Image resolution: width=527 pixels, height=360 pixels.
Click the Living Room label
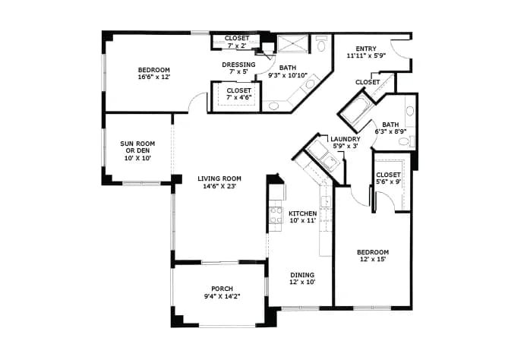(x=219, y=178)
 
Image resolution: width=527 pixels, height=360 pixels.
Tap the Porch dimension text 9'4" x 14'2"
(x=222, y=296)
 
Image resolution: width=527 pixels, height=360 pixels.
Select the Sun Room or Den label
(x=137, y=147)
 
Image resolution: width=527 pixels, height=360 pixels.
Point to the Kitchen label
(x=302, y=213)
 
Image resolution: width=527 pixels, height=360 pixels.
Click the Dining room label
(x=302, y=275)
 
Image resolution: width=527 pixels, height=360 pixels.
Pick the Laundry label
(x=346, y=139)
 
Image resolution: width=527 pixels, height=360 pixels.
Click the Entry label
(x=366, y=49)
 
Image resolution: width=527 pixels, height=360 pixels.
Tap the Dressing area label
(x=238, y=65)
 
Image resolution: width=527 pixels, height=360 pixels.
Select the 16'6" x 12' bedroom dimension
(x=154, y=77)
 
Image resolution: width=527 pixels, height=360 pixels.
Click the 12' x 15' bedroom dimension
(x=373, y=259)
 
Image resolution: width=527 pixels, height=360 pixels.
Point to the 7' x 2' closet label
(x=237, y=41)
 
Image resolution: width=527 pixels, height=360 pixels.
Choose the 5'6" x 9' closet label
(x=388, y=178)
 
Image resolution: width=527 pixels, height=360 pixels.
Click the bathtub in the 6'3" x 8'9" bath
(x=357, y=110)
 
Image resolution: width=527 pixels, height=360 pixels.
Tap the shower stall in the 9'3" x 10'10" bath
(x=292, y=44)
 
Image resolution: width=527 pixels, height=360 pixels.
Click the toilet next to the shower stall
(x=321, y=43)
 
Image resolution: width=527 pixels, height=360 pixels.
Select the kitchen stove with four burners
(x=276, y=215)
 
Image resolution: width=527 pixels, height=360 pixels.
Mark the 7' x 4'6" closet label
(x=238, y=93)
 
